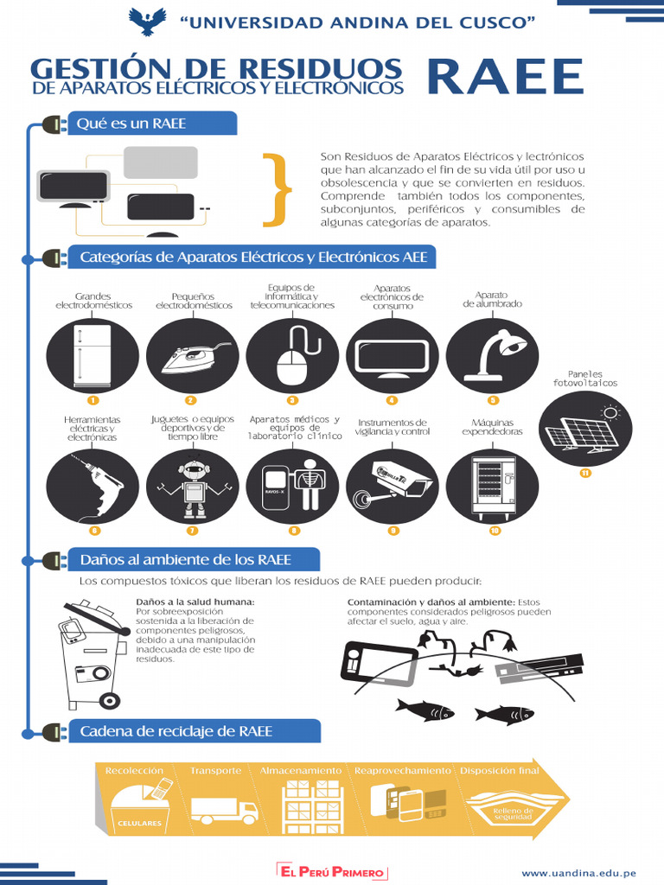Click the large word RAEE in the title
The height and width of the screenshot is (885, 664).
[506, 78]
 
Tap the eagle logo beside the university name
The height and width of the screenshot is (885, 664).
[147, 21]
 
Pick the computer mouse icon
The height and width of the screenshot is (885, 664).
[292, 355]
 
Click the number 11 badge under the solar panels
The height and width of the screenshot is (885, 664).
[585, 473]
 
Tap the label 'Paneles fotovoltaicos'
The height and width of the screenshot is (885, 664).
[585, 378]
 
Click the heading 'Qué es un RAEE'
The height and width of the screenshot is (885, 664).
[131, 124]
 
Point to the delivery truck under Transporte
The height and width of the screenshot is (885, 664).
[224, 810]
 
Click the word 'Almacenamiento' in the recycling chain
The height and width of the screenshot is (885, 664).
[301, 770]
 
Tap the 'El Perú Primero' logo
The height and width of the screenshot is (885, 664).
[332, 873]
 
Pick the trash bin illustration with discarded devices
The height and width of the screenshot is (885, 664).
[87, 653]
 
